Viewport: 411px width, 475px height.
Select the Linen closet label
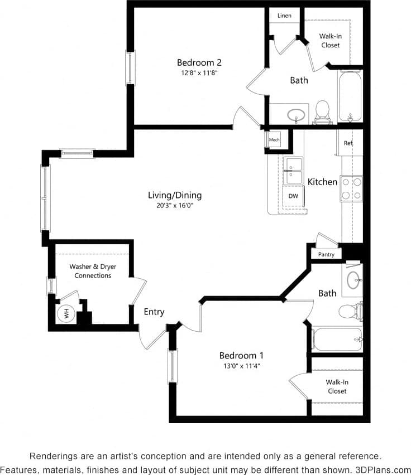tap(284, 16)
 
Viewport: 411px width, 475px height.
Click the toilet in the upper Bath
tap(322, 112)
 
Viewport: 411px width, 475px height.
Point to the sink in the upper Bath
tap(296, 115)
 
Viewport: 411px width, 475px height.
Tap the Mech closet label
tap(274, 140)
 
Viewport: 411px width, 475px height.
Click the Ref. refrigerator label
tap(348, 143)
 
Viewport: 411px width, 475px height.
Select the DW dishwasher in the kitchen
tap(293, 196)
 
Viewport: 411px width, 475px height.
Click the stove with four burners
tap(351, 188)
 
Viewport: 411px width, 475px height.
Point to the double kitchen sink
tap(293, 170)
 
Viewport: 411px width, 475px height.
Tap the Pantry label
tap(326, 254)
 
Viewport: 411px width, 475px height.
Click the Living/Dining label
tap(175, 195)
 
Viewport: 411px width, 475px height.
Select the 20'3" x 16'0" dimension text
tap(175, 205)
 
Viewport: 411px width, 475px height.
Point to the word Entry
tap(154, 312)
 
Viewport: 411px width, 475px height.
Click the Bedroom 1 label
tap(241, 355)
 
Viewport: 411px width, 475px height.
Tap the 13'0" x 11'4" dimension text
tap(241, 366)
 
